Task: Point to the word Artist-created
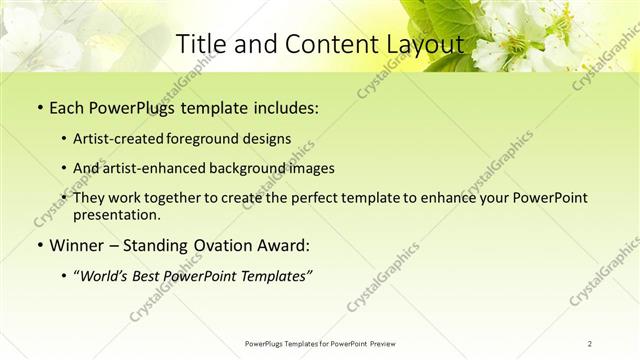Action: [x=116, y=140]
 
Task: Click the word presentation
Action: [x=117, y=214]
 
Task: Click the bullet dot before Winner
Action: [x=39, y=246]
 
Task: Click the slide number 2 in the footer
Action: [x=590, y=343]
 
